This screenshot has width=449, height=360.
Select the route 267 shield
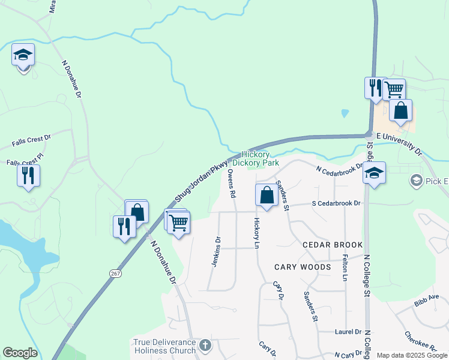coord(116,273)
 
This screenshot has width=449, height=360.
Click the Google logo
coord(20,353)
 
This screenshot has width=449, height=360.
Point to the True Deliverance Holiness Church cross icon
coord(205,345)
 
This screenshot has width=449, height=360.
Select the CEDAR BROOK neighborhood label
coord(333,245)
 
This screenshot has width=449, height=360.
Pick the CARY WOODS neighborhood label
coord(303,266)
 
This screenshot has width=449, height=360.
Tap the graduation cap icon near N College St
coord(374,174)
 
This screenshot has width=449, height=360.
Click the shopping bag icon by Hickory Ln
coord(267,195)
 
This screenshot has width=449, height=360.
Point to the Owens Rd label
coord(232,184)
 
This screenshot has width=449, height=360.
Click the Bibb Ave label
coord(427,300)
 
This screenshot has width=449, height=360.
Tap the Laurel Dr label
coord(348,331)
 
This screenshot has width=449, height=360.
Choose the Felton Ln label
coord(345,268)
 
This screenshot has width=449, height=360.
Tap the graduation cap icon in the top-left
coord(23,55)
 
